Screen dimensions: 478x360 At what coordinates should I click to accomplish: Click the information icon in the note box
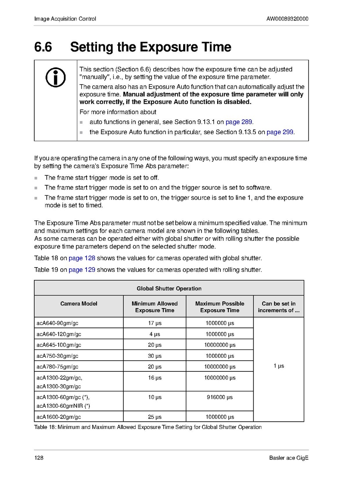[55, 77]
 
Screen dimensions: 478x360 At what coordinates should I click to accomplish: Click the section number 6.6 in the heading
[43, 47]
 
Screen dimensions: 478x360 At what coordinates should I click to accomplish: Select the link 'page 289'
[239, 122]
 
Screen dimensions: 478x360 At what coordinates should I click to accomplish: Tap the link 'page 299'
[280, 132]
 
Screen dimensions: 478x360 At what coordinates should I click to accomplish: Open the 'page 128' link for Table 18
[82, 258]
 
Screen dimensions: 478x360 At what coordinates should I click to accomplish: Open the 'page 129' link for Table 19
[82, 270]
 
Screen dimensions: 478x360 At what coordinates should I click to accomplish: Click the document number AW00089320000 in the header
[287, 19]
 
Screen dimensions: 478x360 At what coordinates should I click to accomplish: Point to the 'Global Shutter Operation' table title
[169, 288]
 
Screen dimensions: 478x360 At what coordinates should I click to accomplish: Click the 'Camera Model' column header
[79, 303]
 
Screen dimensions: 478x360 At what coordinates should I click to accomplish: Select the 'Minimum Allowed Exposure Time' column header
[154, 307]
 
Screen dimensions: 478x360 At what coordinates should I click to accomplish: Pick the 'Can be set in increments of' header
[279, 307]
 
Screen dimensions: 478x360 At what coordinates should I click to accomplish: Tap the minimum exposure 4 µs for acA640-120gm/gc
[154, 334]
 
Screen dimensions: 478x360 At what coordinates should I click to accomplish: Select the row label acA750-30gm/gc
[57, 356]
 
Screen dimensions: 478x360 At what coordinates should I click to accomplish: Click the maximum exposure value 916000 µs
[220, 397]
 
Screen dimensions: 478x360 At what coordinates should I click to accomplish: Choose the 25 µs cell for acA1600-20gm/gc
[154, 417]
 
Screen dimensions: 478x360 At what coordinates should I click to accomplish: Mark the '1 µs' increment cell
[279, 366]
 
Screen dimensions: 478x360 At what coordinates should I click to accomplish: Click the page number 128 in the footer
[39, 458]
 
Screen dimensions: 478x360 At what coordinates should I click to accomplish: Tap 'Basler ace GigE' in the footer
[289, 458]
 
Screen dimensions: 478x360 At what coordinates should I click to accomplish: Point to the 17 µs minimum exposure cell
[154, 323]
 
